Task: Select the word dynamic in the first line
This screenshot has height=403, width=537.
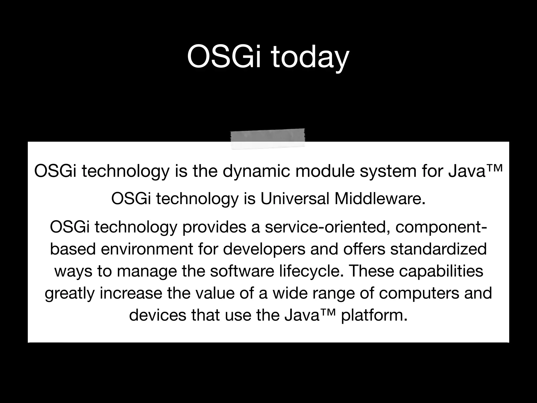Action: click(256, 171)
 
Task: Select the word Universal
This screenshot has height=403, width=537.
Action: click(295, 199)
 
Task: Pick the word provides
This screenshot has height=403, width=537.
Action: click(214, 227)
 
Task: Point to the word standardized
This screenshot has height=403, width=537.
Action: click(438, 249)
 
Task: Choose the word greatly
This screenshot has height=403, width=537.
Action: click(69, 293)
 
